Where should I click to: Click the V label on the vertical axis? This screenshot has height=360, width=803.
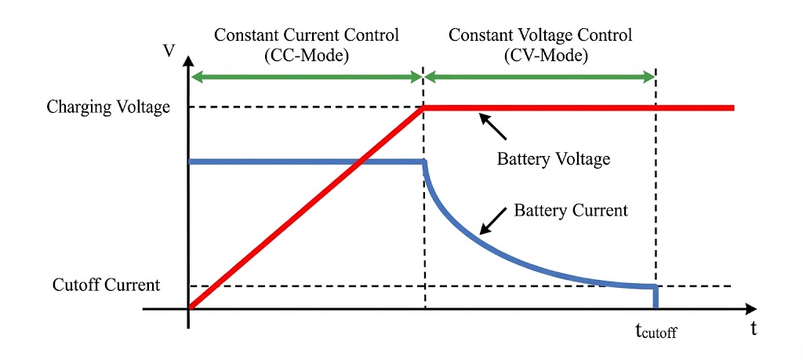(x=169, y=51)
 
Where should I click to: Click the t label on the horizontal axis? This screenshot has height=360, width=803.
(x=754, y=329)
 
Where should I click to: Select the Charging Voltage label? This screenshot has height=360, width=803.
(x=108, y=107)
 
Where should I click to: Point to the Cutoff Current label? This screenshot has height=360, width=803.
(x=106, y=285)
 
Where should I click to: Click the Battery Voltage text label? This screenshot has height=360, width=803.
(x=553, y=159)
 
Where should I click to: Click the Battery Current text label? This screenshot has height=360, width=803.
(x=571, y=210)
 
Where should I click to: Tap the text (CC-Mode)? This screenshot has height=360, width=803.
(x=306, y=56)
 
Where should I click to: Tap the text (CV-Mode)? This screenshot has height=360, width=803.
(x=540, y=56)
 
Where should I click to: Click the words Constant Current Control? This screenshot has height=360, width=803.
(x=306, y=36)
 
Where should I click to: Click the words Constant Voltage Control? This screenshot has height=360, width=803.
(x=540, y=36)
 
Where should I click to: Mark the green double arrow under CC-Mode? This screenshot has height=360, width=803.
(x=306, y=76)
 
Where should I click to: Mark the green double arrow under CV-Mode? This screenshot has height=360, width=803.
(x=540, y=76)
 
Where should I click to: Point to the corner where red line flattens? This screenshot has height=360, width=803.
(x=424, y=107)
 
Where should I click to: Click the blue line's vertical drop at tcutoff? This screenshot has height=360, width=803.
(x=656, y=297)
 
